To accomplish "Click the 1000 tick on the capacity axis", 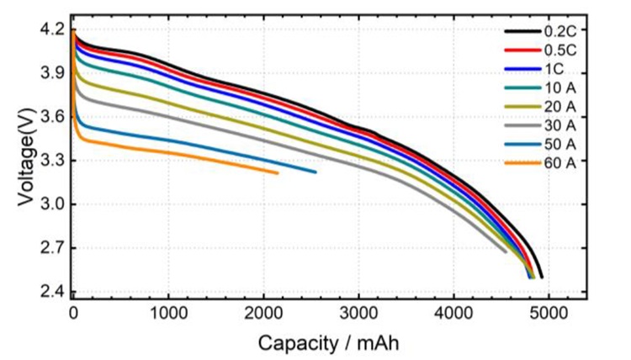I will [168, 314].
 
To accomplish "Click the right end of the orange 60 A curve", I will [277, 173].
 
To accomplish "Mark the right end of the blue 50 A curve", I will [315, 172].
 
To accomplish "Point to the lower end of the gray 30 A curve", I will [506, 251].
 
